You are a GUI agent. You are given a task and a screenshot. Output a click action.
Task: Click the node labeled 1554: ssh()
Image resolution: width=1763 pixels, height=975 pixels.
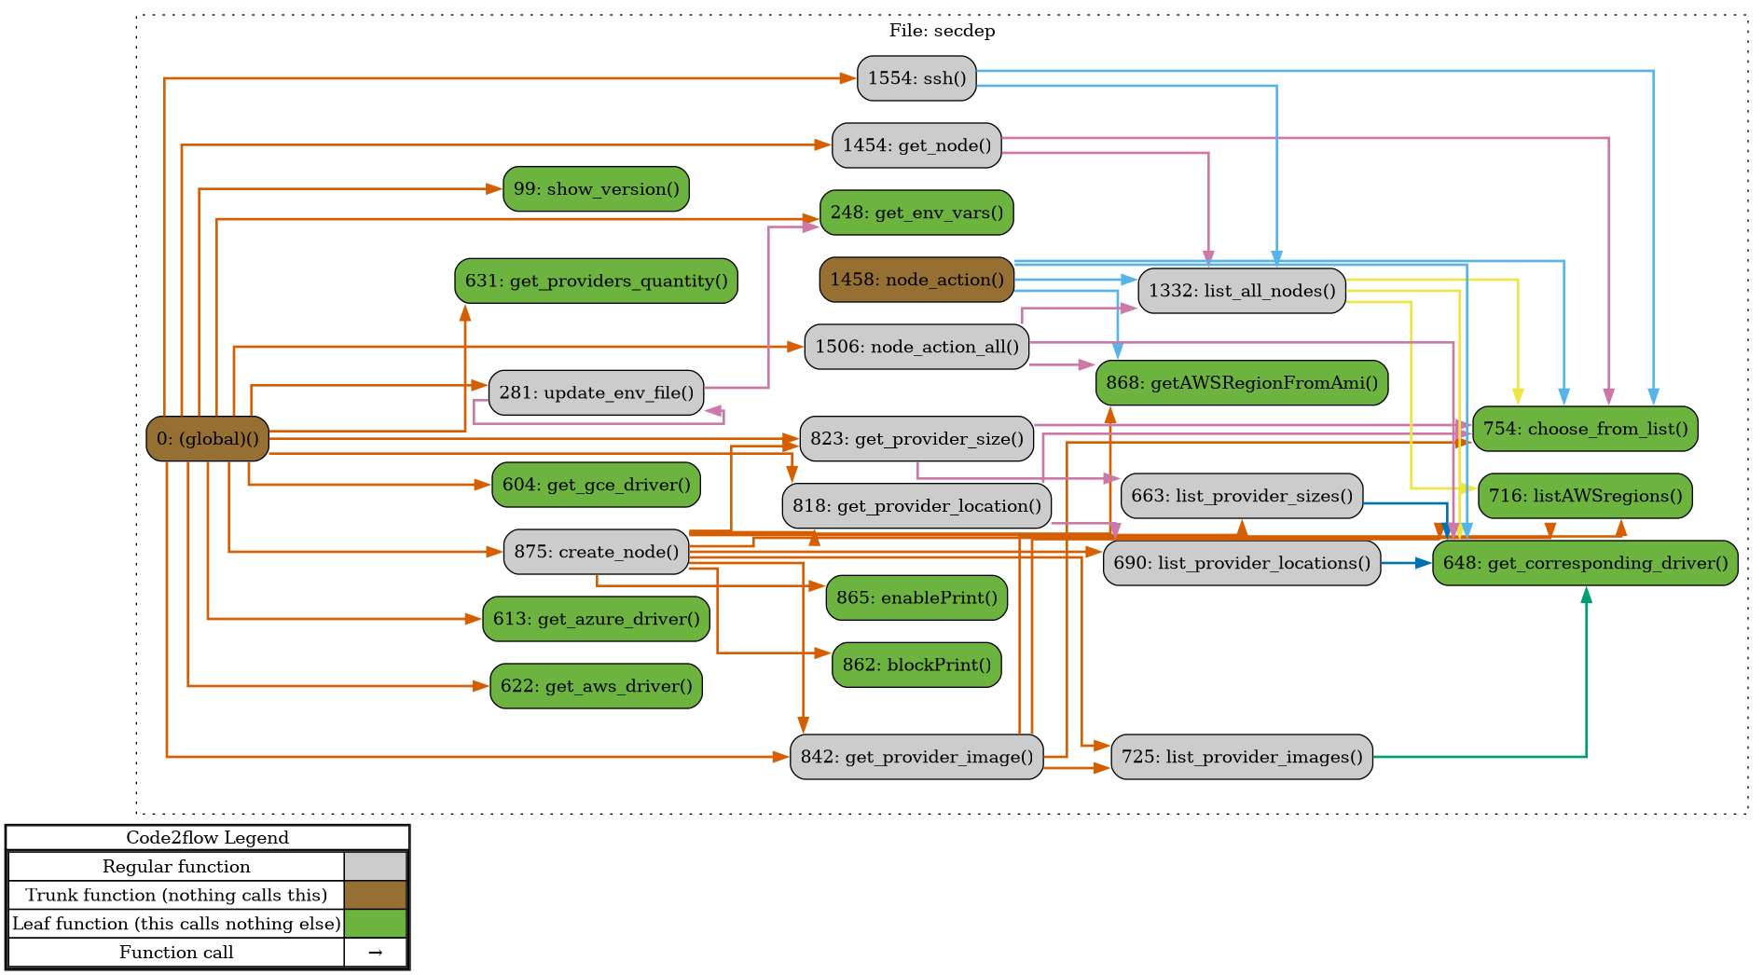[x=916, y=78]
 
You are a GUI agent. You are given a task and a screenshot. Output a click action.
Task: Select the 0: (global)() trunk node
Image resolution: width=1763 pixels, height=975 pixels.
[x=207, y=438]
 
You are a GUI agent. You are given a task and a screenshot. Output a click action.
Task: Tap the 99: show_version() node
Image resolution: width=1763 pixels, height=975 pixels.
[x=596, y=189]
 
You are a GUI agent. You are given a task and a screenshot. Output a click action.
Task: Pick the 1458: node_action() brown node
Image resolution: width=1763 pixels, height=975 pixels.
[x=916, y=280]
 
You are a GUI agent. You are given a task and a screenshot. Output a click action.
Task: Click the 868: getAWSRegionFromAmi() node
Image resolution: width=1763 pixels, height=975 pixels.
[x=1242, y=383]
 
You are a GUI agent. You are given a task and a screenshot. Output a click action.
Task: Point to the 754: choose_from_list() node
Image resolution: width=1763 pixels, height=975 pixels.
[x=1585, y=429]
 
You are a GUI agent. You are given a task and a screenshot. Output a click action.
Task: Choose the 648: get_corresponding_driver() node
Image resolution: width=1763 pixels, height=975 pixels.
[x=1585, y=563]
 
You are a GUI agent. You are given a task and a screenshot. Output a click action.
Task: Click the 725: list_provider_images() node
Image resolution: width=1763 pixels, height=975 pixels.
[x=1241, y=757]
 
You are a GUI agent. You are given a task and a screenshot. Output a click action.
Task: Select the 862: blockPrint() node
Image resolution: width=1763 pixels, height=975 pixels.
[x=916, y=665]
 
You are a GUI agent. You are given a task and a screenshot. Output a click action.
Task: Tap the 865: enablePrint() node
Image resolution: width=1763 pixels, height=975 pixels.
[x=916, y=597]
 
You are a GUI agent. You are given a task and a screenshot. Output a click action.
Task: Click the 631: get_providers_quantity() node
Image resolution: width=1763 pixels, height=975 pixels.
[x=596, y=281]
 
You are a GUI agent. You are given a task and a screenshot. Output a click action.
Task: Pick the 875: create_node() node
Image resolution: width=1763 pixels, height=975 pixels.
[x=596, y=552]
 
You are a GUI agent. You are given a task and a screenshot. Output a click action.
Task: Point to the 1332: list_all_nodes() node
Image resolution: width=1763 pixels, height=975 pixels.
[x=1241, y=291]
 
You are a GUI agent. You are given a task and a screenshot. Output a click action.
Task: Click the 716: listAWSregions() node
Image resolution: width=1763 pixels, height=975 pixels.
[x=1585, y=496]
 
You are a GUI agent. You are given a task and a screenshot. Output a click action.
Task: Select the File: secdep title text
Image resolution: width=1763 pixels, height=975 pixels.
[x=942, y=31]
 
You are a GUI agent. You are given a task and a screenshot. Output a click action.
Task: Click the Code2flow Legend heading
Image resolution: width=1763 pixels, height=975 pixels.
[x=207, y=838]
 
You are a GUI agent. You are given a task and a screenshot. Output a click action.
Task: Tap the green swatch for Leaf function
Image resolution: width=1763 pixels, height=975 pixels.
[x=375, y=924]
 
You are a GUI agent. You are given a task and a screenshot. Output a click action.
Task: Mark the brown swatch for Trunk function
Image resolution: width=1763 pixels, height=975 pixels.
[x=375, y=895]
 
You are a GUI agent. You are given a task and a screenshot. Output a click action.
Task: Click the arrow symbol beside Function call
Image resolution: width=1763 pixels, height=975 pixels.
[x=375, y=953]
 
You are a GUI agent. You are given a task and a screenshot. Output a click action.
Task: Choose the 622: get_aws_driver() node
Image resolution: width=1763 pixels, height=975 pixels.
[x=596, y=686]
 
